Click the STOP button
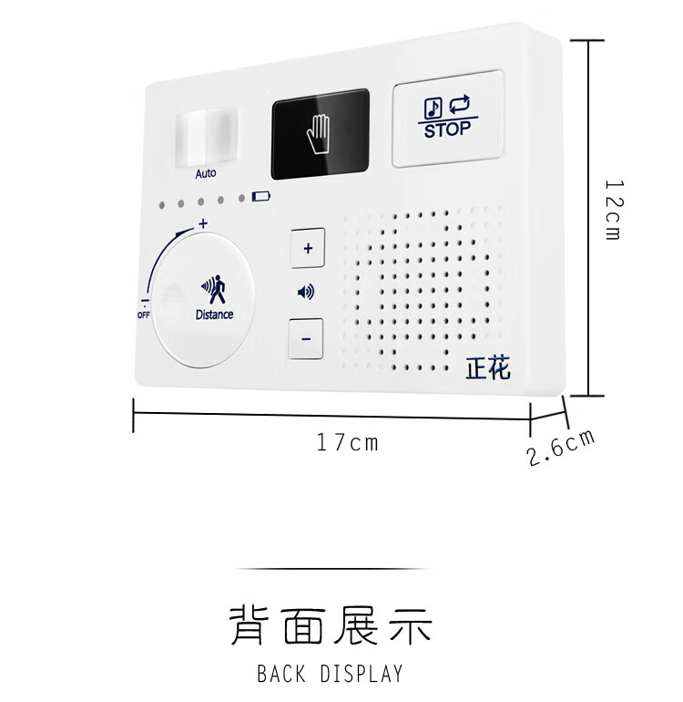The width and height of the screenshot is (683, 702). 447,119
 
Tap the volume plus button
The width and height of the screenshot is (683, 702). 307,247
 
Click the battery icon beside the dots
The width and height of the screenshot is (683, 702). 262,196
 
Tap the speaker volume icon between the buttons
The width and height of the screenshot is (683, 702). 307,293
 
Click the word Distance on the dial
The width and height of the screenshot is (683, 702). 214,315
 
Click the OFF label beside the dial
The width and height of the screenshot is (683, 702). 144,315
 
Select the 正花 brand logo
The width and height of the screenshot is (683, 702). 488,368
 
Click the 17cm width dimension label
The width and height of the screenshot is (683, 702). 347,443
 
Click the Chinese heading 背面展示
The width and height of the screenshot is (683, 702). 331,626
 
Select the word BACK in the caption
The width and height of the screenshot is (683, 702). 281,675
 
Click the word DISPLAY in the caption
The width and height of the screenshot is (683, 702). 362,675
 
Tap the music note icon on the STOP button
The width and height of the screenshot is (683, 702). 433,108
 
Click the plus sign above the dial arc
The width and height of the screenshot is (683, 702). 202,223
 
